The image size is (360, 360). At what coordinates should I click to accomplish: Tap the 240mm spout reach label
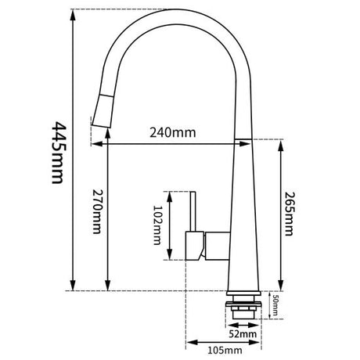coord(173,133)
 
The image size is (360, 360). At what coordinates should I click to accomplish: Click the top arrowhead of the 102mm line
coord(167,194)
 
